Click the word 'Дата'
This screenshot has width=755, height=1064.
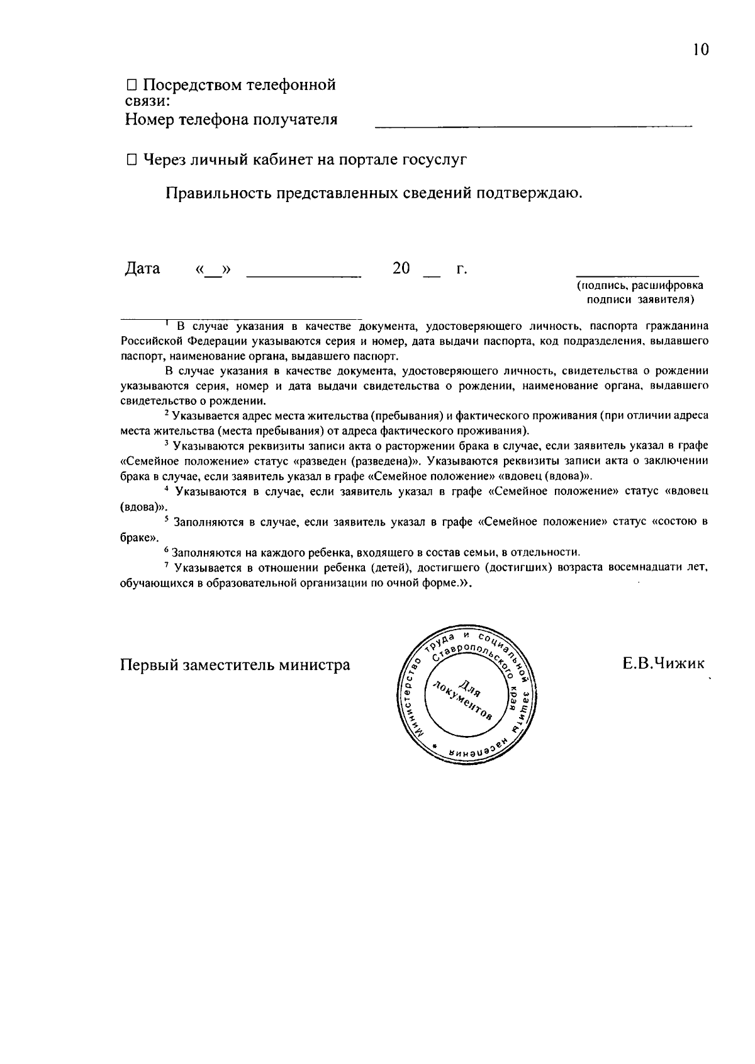tap(142, 269)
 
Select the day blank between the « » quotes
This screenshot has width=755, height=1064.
tap(214, 273)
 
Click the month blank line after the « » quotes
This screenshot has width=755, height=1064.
tap(304, 274)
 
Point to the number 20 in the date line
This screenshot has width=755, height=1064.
tap(401, 269)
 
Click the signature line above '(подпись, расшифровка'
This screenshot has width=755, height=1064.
tap(637, 274)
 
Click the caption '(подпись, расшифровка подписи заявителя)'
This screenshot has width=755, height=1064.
tap(640, 293)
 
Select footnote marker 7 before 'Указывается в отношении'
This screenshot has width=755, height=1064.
tap(167, 565)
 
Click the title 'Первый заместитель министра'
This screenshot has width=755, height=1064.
tap(235, 665)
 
